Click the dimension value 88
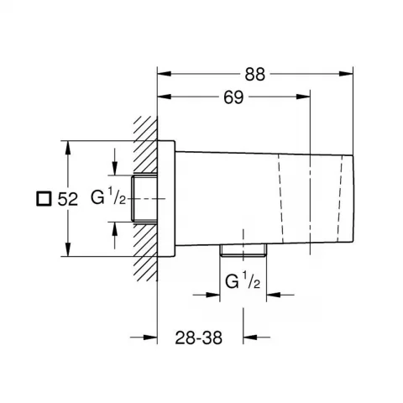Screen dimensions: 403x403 (254, 75)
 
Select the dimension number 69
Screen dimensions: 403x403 (233, 97)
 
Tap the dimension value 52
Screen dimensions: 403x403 (67, 199)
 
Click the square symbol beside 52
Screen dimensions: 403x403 (44, 199)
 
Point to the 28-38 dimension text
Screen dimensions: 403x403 (198, 338)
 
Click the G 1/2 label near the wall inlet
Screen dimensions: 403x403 (108, 196)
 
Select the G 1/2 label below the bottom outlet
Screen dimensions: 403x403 (243, 280)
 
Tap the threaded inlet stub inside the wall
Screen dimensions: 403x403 (144, 198)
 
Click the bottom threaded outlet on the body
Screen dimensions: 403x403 (243, 250)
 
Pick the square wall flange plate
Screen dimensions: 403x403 (166, 198)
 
